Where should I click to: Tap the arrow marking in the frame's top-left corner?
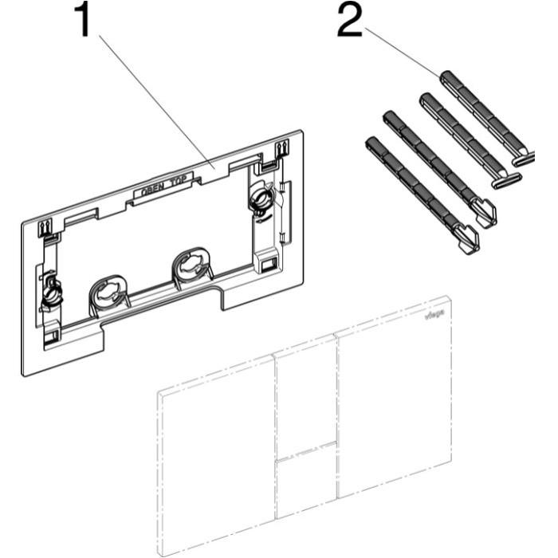click(45, 226)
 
